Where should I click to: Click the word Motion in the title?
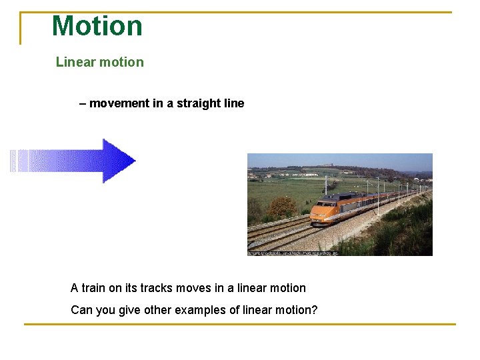97,26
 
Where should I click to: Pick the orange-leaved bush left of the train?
281,207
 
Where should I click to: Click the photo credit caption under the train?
293,253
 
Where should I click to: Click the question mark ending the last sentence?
314,310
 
